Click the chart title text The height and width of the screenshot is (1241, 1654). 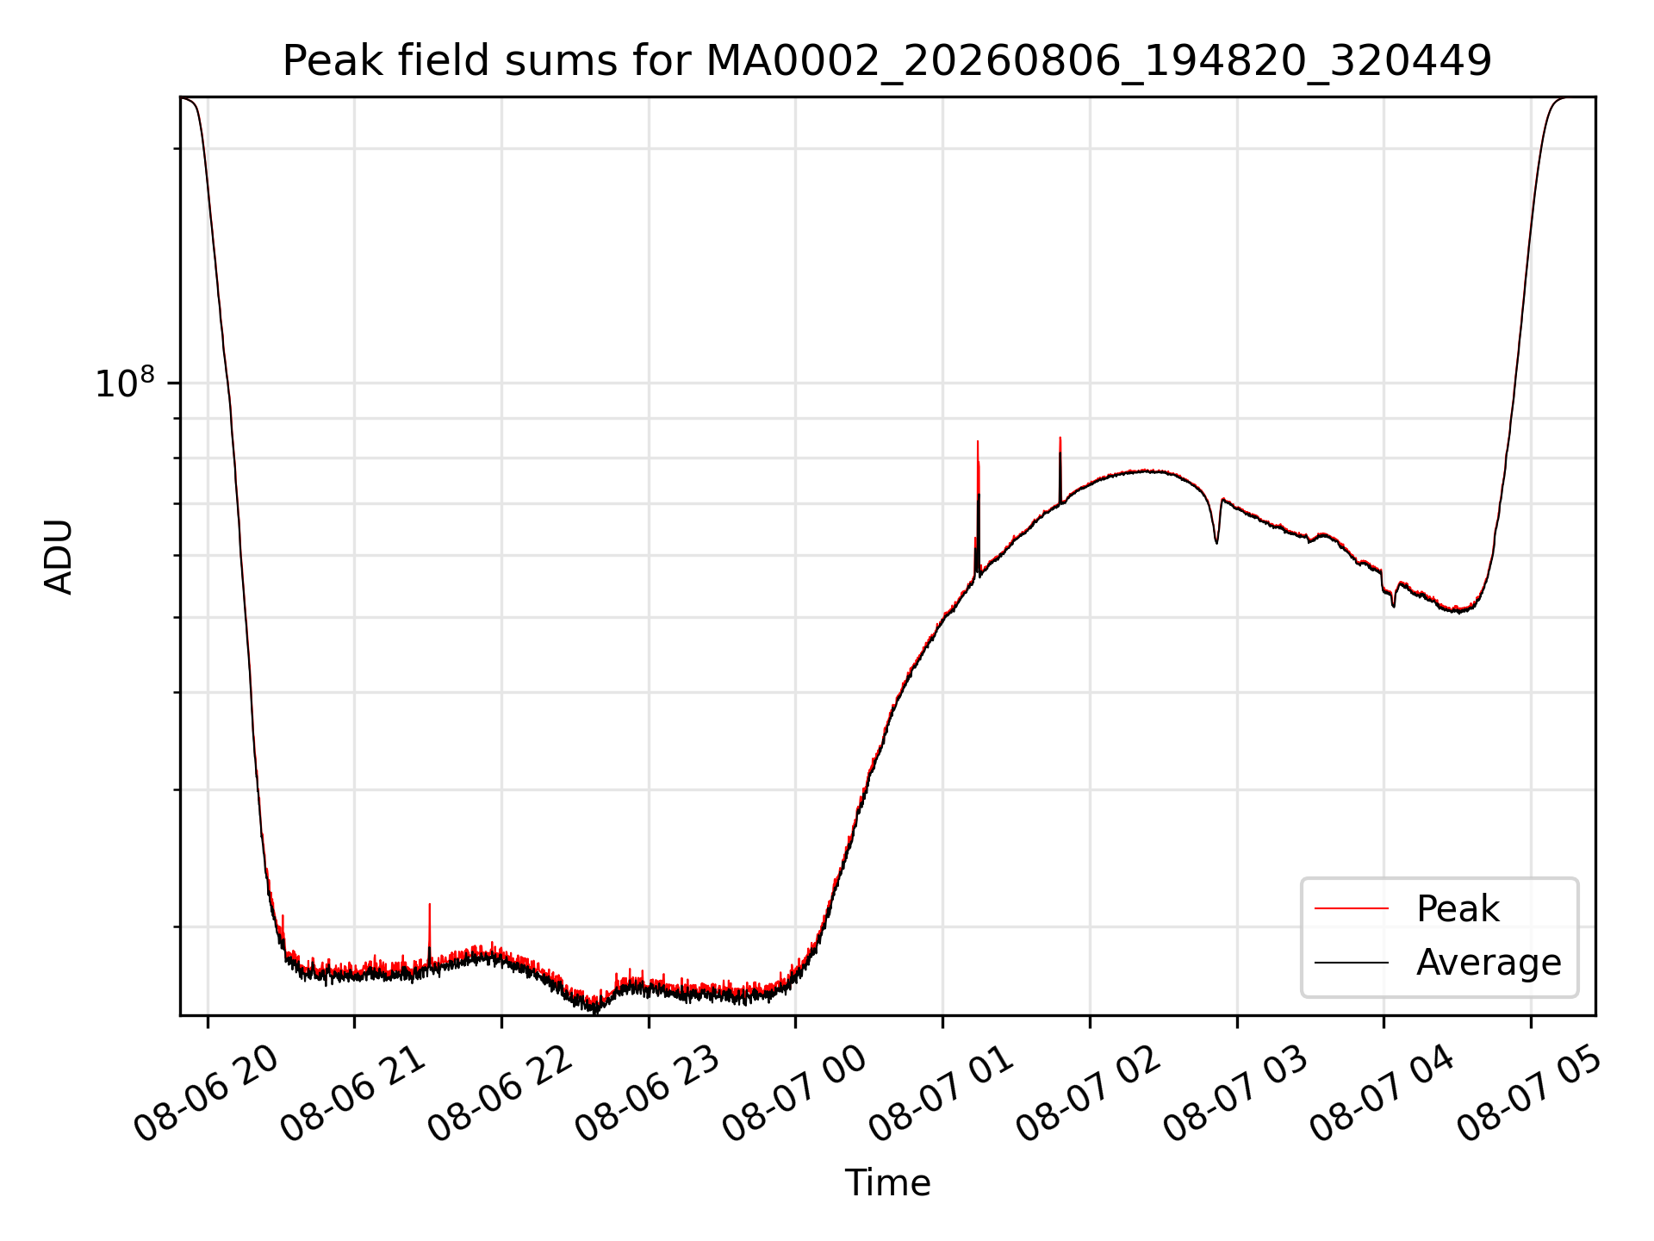tap(887, 61)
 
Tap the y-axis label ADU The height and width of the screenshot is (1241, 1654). tap(59, 557)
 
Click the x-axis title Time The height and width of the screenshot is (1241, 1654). tap(887, 1183)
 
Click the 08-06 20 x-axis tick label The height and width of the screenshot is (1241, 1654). tap(207, 1093)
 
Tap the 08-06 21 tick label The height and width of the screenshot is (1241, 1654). tap(353, 1093)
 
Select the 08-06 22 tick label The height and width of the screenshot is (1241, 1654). tap(501, 1093)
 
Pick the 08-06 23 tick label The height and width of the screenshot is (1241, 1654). tap(648, 1093)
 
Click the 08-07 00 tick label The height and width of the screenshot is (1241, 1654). tap(794, 1093)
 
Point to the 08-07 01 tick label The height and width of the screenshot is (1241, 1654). tap(942, 1093)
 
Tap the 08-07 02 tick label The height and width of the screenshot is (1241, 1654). tap(1089, 1093)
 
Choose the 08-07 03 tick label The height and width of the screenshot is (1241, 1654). tap(1236, 1093)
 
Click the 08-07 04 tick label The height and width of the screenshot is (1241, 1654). tap(1383, 1093)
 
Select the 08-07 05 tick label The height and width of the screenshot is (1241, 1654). tap(1530, 1093)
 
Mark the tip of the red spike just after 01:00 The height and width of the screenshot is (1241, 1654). tap(978, 441)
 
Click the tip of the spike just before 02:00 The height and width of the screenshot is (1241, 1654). tap(1060, 438)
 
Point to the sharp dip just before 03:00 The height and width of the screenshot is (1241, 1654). tap(1216, 543)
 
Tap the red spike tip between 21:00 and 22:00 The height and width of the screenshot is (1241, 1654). tap(429, 904)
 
